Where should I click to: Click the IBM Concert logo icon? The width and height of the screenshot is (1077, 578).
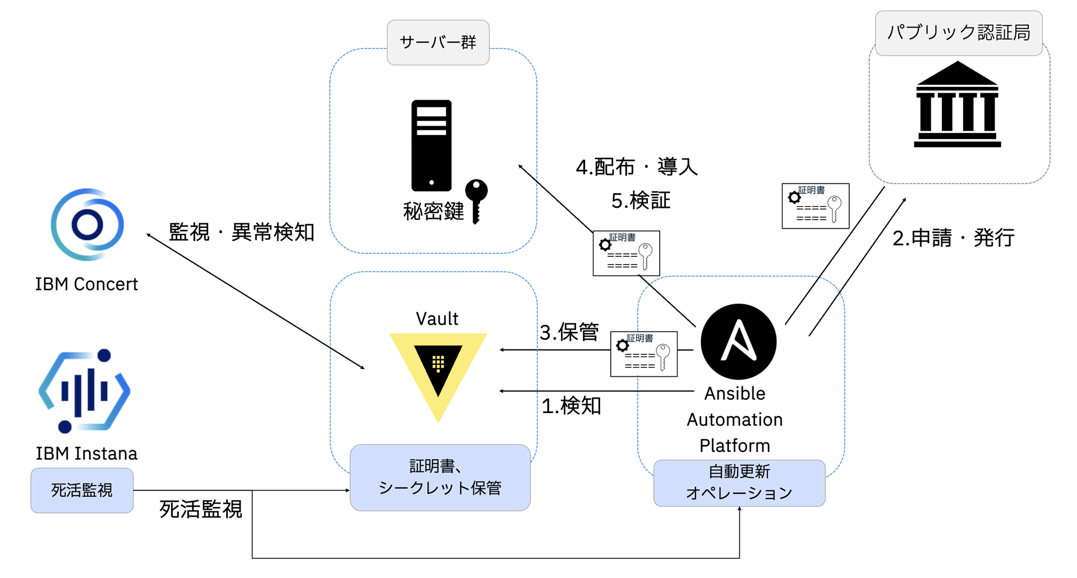coord(88,224)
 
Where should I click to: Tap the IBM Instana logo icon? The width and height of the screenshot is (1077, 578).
coord(84,391)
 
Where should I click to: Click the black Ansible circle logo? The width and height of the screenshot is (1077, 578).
coord(739,341)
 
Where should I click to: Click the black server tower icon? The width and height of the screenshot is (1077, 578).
coord(431,145)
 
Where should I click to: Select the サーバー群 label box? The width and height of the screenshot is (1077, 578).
coord(438,43)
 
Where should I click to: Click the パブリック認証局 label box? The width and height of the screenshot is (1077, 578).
coord(959,33)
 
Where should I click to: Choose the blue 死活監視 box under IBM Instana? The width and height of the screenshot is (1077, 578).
coord(82,491)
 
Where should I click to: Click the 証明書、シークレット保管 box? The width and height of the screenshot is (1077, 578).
coord(440,478)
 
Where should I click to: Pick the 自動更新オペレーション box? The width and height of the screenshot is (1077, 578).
coord(739,483)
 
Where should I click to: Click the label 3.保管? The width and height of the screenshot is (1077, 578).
coord(569,332)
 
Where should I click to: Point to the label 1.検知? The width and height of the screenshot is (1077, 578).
coord(571,405)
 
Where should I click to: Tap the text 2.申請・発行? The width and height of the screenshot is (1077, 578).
coord(954,238)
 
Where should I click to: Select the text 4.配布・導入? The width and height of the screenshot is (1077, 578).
coord(637,167)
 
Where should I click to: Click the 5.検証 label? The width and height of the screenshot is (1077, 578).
coord(641,200)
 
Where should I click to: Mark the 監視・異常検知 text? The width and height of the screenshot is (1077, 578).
coord(242,232)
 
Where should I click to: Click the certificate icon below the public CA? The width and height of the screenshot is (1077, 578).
coord(816,206)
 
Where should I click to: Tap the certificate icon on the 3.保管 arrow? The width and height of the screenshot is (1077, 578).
coord(644,354)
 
